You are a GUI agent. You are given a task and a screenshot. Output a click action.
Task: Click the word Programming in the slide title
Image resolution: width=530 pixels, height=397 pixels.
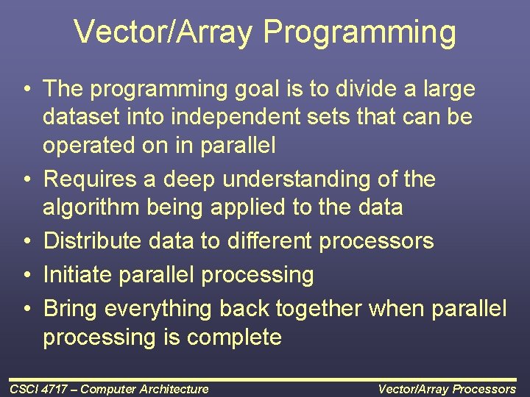tap(360, 33)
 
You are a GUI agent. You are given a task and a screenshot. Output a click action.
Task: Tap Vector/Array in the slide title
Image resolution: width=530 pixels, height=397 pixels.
tap(164, 33)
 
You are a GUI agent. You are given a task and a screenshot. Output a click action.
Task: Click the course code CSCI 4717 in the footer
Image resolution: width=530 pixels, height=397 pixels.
tap(38, 389)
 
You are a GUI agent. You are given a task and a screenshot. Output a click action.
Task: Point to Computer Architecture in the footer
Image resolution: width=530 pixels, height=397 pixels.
tap(144, 389)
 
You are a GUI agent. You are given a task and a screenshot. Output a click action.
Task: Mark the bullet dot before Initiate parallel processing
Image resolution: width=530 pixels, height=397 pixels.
tap(26, 276)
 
